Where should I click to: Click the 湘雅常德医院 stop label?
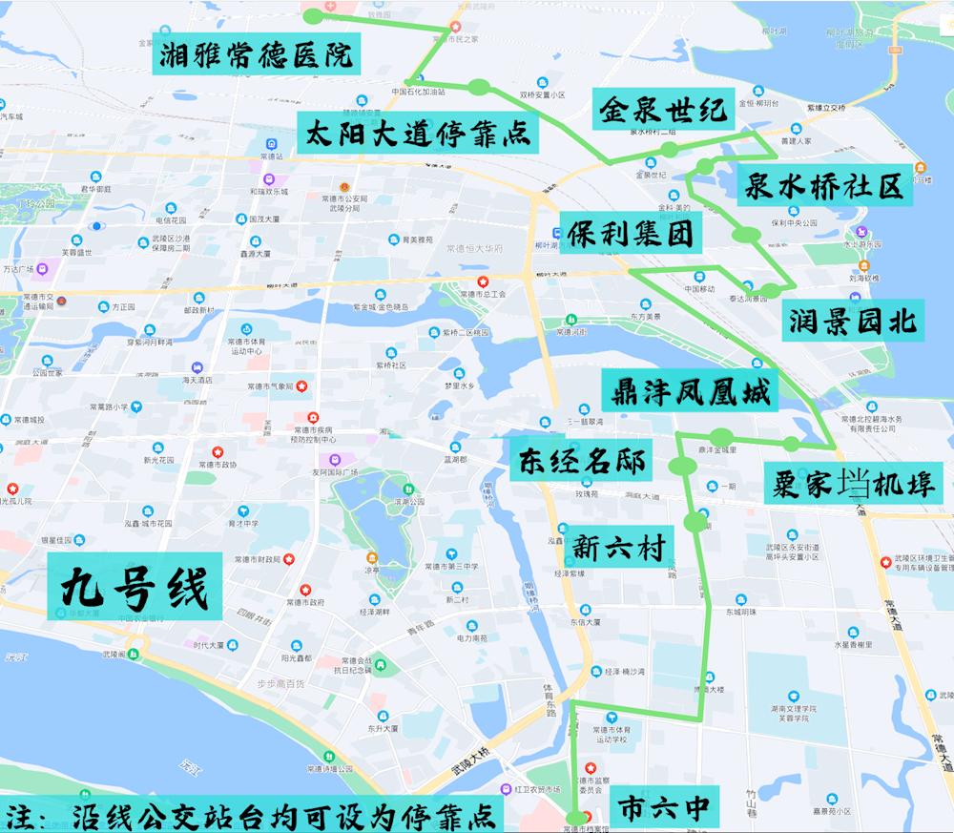[x=253, y=54]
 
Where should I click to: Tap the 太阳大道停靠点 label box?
[x=418, y=133]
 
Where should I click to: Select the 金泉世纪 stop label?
[x=663, y=110]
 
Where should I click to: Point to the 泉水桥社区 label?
[x=823, y=185]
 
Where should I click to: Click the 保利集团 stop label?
[x=631, y=233]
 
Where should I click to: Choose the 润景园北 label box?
[x=852, y=321]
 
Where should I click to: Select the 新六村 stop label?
[x=618, y=546]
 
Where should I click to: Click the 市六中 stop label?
[x=665, y=807]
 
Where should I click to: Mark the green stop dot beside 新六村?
[x=696, y=522]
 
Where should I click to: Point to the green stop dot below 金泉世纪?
[x=670, y=150]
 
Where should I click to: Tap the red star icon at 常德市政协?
[x=218, y=451]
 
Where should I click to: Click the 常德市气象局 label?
[x=266, y=386]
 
